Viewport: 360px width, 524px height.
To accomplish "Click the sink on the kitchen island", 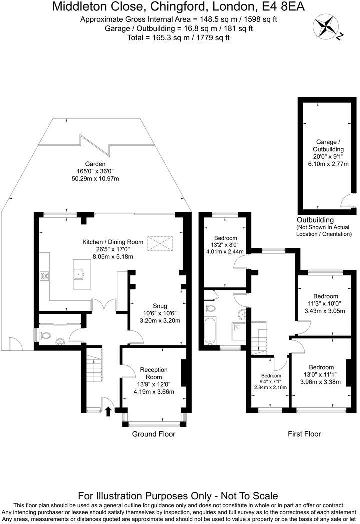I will pyautogui.click(x=78, y=273).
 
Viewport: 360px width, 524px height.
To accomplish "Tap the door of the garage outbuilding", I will pyautogui.click(x=346, y=200).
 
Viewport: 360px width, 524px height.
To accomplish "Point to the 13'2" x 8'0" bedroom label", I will pyautogui.click(x=226, y=245).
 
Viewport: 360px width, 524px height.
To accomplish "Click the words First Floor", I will pyautogui.click(x=304, y=434).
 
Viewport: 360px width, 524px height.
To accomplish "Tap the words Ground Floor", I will pyautogui.click(x=153, y=434).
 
